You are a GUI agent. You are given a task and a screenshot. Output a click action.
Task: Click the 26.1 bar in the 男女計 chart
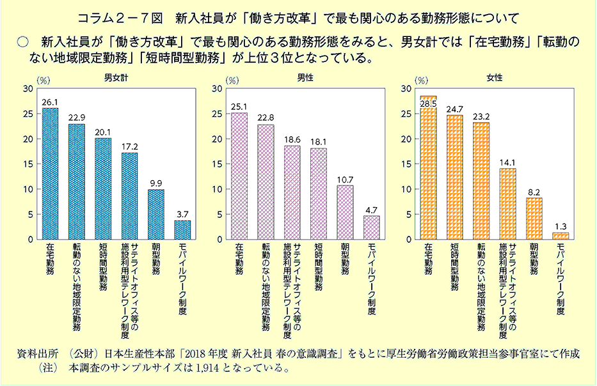point(50,174)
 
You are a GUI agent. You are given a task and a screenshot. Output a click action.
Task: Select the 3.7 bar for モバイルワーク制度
point(182,230)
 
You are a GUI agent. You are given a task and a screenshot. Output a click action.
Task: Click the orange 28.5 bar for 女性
point(428,168)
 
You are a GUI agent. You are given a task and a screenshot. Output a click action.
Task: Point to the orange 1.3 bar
point(560,236)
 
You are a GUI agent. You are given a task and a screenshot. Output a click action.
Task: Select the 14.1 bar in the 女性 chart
point(507,204)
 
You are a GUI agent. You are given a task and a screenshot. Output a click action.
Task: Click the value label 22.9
point(76,118)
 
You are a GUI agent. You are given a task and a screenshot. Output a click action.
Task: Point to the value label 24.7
point(454,109)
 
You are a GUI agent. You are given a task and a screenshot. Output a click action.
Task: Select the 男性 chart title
point(305,77)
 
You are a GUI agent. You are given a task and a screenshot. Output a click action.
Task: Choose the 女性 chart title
point(494,77)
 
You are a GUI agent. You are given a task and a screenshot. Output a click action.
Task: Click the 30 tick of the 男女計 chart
point(27,88)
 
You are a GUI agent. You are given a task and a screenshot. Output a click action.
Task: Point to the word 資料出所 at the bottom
point(40,354)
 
